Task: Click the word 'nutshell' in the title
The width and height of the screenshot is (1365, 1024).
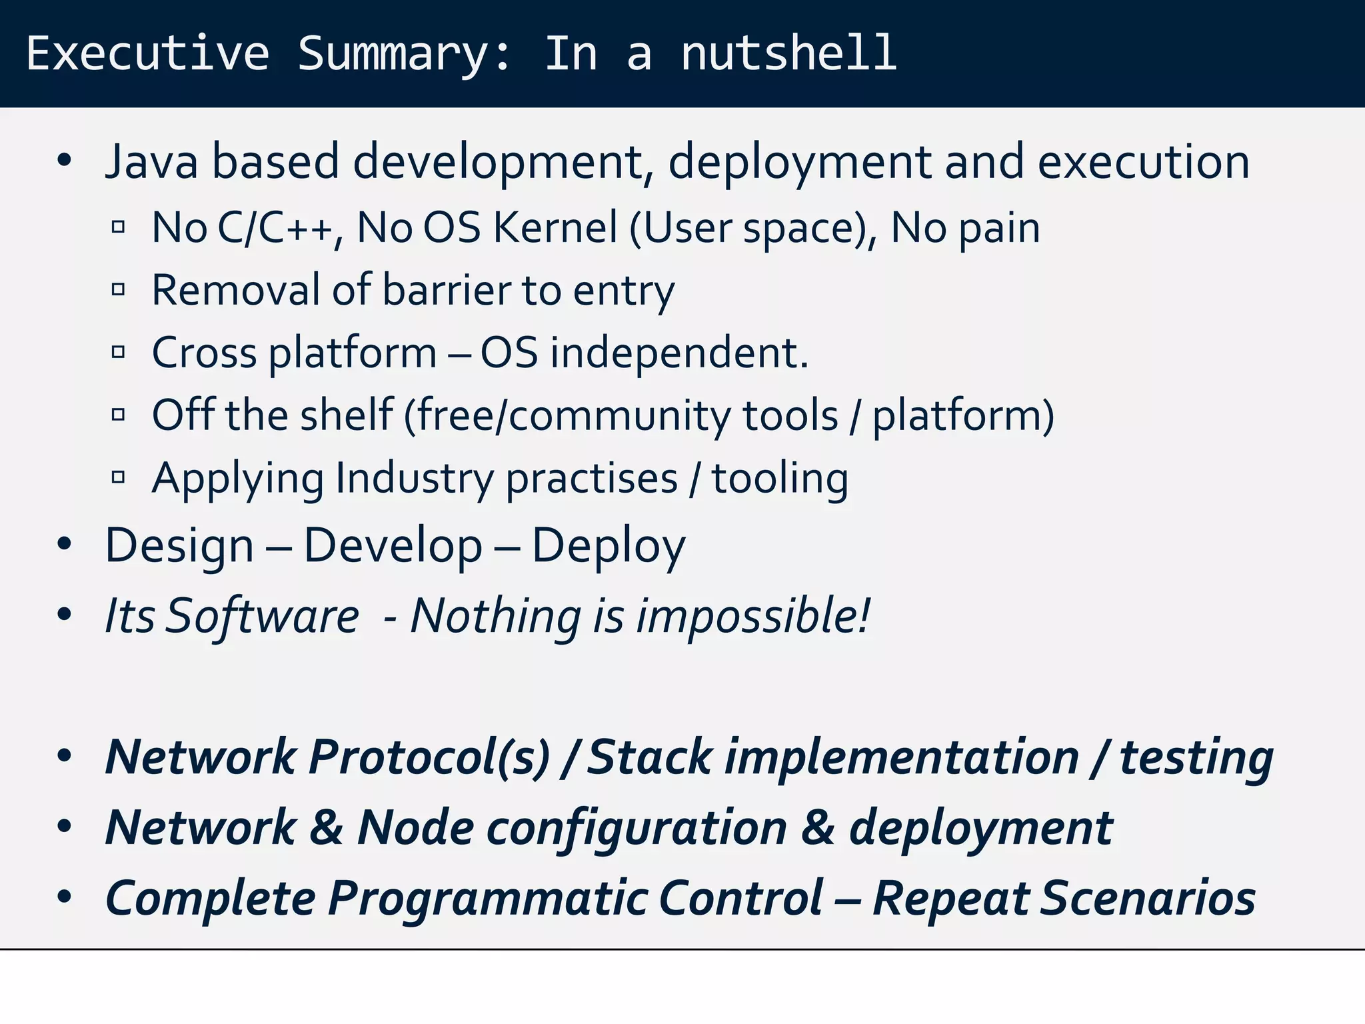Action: (788, 53)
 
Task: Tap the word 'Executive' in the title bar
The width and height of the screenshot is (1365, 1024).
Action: (148, 53)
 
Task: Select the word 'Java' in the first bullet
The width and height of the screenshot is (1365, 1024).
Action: (152, 162)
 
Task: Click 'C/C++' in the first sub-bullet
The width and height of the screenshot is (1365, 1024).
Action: (275, 228)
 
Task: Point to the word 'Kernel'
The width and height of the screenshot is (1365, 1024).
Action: (555, 228)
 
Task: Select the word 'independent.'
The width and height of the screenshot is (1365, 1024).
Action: (679, 353)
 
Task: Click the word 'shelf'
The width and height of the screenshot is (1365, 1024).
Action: (347, 415)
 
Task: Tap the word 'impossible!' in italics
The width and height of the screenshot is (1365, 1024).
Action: (753, 615)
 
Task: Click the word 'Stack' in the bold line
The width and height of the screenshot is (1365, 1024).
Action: (650, 757)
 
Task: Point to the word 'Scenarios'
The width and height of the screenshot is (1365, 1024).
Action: (1148, 898)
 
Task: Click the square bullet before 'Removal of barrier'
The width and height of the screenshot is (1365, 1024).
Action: (119, 290)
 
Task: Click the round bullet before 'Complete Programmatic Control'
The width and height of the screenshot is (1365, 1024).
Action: (64, 897)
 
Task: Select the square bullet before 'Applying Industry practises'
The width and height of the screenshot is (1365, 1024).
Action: (119, 477)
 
